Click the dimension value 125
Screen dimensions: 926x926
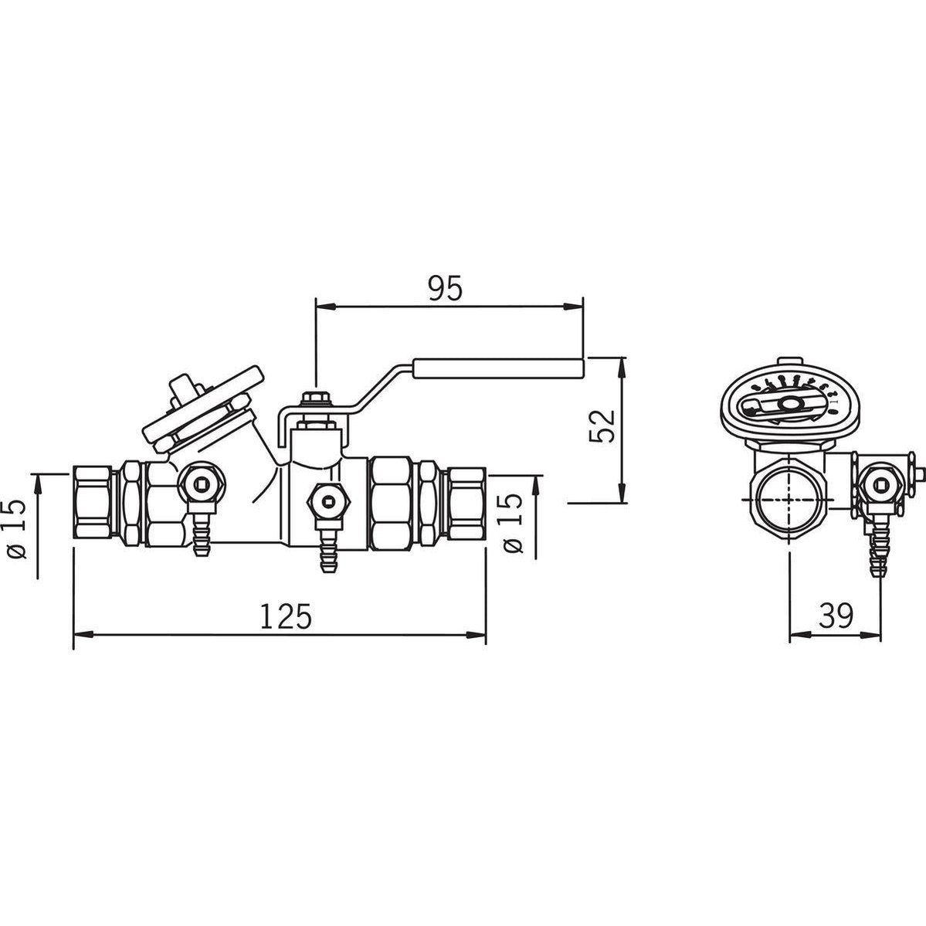pyautogui.click(x=285, y=616)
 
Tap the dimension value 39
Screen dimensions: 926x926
pyautogui.click(x=836, y=616)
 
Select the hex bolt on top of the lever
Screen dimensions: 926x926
pyautogui.click(x=315, y=400)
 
